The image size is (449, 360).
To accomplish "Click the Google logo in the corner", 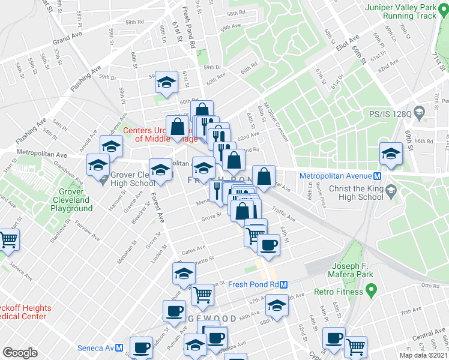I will (20, 353).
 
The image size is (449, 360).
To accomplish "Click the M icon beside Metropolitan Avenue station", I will (377, 176).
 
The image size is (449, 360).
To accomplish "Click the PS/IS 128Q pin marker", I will (420, 112).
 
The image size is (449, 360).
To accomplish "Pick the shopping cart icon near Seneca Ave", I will (9, 240).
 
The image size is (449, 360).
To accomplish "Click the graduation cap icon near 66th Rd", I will (391, 154).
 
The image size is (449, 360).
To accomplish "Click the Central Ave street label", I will (429, 334).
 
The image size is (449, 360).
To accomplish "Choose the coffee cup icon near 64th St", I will (268, 244).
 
